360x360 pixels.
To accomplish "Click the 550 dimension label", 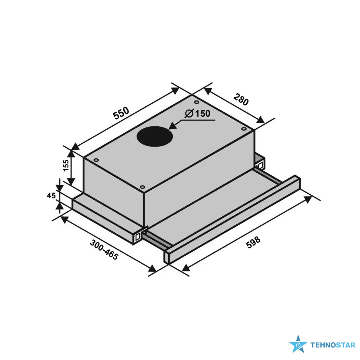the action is pyautogui.click(x=121, y=113).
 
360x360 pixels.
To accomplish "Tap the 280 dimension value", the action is pyautogui.click(x=241, y=99).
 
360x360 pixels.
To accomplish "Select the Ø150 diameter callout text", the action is pyautogui.click(x=198, y=113).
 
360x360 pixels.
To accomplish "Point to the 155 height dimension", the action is pyautogui.click(x=66, y=165).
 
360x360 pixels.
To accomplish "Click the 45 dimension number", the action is pyautogui.click(x=51, y=195).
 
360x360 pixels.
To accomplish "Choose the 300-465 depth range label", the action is pyautogui.click(x=104, y=250).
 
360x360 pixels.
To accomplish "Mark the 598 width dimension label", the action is pyautogui.click(x=253, y=242).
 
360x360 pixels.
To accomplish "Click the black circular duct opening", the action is pyautogui.click(x=155, y=136).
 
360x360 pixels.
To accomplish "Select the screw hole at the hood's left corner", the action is pyautogui.click(x=96, y=160).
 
